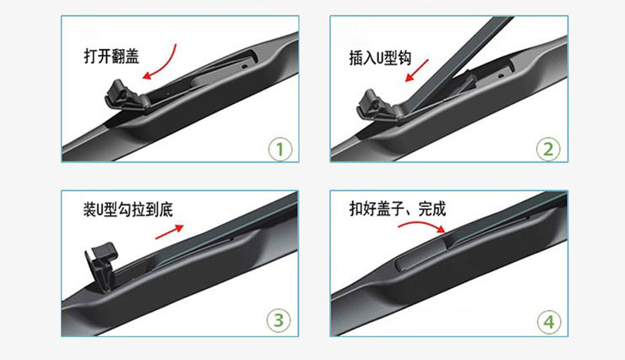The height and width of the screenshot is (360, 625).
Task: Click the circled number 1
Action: click(x=280, y=149)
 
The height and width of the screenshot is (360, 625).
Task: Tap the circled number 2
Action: click(x=548, y=149)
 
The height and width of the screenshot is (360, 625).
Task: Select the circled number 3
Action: click(x=279, y=319)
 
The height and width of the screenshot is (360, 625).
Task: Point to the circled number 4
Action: click(x=549, y=322)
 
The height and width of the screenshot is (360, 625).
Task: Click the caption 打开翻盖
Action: click(x=111, y=57)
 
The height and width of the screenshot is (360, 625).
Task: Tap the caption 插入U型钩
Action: click(x=380, y=58)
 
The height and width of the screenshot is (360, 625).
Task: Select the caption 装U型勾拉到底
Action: click(x=128, y=210)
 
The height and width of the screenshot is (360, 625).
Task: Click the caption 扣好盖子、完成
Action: click(x=398, y=209)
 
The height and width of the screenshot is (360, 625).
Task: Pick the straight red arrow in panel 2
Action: click(x=416, y=71)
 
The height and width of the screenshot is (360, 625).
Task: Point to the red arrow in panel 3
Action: click(x=170, y=232)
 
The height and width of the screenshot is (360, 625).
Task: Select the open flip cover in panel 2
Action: click(x=377, y=106)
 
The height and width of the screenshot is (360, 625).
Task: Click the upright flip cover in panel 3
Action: click(x=101, y=265)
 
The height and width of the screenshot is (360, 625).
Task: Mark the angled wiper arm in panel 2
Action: click(x=459, y=63)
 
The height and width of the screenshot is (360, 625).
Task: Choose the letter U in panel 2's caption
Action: click(x=381, y=58)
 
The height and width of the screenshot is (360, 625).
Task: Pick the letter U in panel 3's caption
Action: click(x=101, y=210)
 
